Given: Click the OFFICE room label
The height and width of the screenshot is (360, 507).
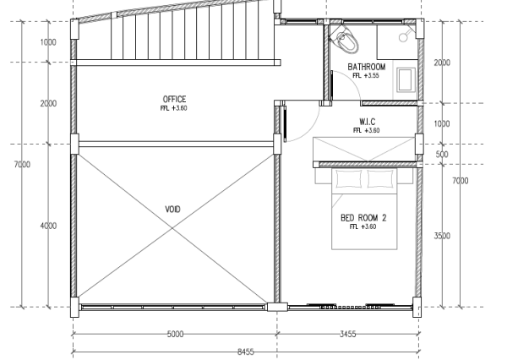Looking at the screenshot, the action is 174,99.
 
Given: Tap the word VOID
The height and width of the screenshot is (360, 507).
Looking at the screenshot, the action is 172,210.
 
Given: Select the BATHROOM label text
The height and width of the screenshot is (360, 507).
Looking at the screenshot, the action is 367,67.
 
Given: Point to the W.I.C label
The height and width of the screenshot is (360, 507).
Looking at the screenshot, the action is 368,122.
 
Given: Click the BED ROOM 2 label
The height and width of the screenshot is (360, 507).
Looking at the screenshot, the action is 363,218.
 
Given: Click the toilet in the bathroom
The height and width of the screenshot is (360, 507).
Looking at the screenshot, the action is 346,40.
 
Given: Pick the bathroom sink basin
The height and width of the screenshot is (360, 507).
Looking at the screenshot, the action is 406,79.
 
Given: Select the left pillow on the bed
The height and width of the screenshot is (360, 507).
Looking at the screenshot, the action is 349,178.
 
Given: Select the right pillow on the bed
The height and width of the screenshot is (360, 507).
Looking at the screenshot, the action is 380,178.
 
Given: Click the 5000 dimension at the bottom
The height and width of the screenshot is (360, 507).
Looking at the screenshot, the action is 175,334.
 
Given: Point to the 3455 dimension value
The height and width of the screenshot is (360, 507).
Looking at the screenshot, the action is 347,334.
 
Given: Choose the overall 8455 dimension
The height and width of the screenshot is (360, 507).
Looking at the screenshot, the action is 245,352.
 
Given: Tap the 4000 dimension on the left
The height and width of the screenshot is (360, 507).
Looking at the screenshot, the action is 48,226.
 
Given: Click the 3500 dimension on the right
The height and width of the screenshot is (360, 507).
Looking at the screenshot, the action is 442,236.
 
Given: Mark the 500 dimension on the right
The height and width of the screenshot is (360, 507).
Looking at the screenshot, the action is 442,154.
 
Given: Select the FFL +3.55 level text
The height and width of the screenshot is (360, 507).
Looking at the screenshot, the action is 366,76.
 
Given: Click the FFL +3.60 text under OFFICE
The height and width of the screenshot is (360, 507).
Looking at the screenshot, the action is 173,108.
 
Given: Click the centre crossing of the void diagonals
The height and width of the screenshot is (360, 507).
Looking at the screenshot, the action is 172,228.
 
